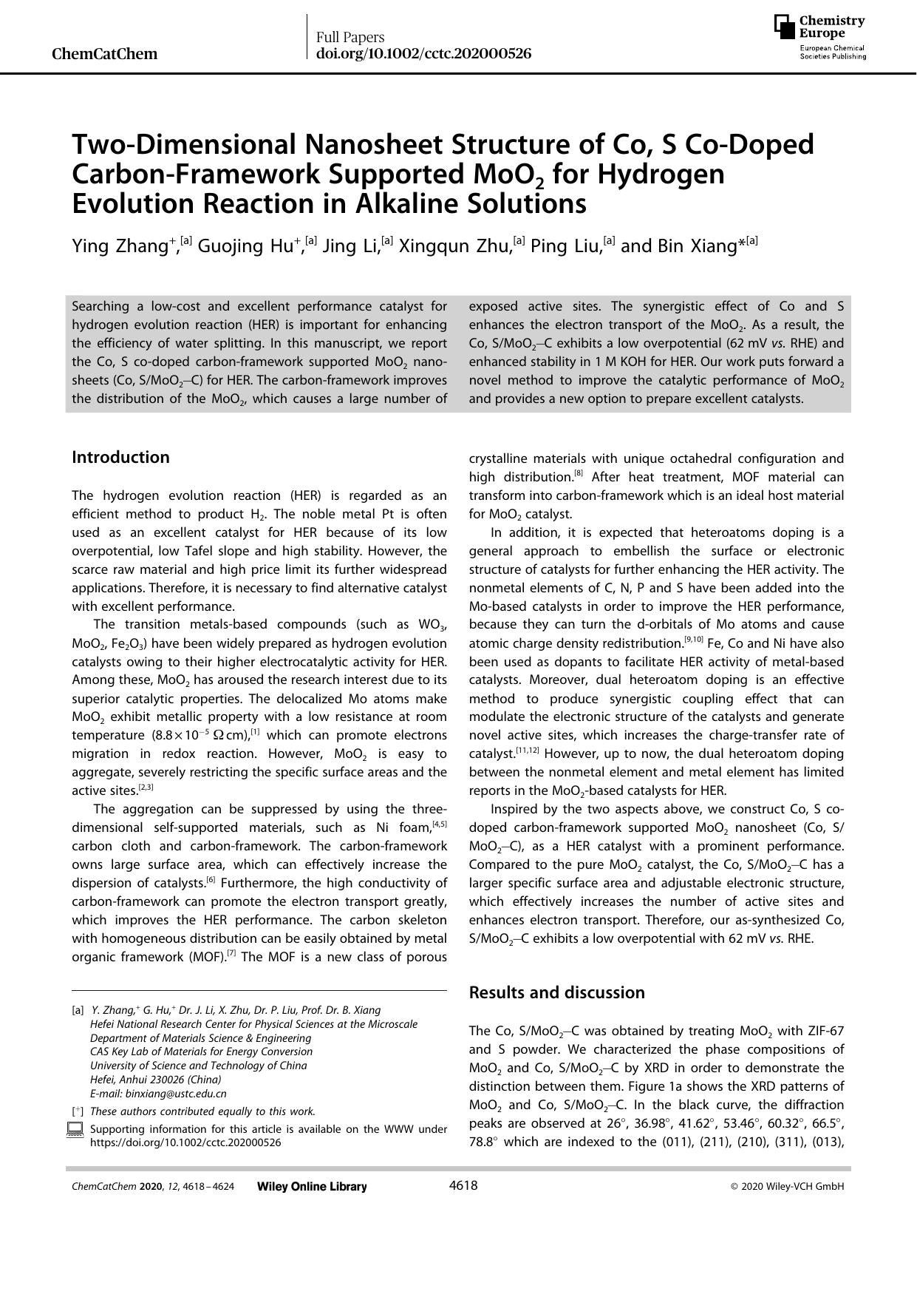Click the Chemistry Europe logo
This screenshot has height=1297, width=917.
click(x=819, y=36)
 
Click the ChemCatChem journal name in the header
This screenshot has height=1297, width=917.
click(x=105, y=54)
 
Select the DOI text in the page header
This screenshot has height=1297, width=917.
click(x=423, y=54)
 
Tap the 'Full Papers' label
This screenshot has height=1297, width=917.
click(x=350, y=37)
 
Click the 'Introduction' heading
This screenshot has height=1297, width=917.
click(x=120, y=457)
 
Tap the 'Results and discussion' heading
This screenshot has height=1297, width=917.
click(x=556, y=992)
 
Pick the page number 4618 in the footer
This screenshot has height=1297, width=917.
click(x=463, y=1185)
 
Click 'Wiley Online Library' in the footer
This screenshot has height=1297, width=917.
click(x=312, y=1186)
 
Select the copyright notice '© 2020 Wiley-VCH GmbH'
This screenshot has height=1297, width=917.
click(x=787, y=1186)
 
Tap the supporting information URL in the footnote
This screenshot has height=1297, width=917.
click(x=185, y=1142)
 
